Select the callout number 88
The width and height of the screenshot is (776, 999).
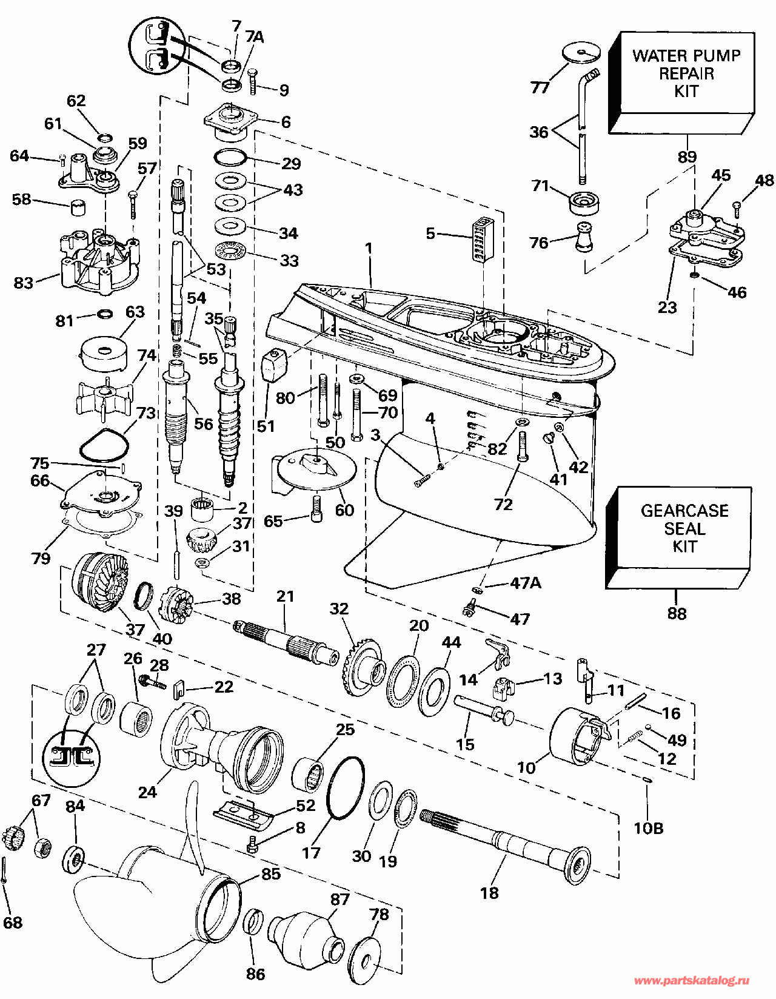[x=677, y=613]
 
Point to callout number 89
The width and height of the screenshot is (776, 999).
[x=687, y=156]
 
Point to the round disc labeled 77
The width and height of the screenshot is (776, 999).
[x=580, y=53]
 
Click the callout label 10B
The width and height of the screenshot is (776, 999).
[x=649, y=828]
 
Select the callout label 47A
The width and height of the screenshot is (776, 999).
[x=525, y=584]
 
